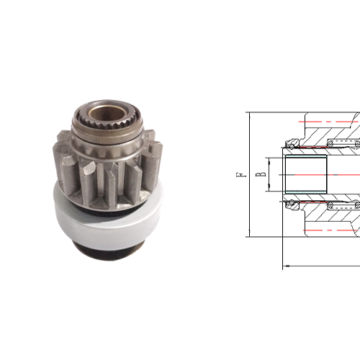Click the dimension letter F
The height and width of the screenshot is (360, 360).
pos(243,174)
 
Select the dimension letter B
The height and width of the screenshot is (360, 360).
pos(264,174)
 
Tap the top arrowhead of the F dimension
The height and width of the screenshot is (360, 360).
pos(247,115)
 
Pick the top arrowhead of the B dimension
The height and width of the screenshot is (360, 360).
pos(270,158)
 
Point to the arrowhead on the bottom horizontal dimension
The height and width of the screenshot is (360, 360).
pos(287,266)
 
